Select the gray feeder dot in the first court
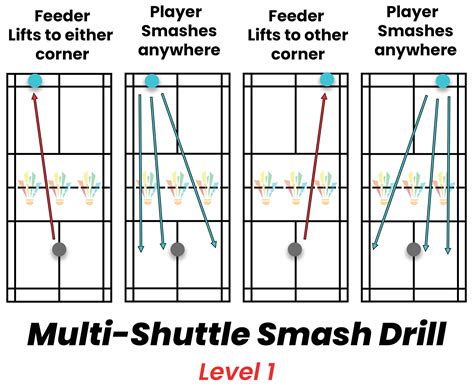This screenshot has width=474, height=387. [60, 249]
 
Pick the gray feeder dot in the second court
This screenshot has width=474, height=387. [177, 249]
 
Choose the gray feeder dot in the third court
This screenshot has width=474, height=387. [295, 249]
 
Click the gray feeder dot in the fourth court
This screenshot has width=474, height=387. [412, 249]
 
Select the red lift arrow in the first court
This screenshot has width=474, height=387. [47, 165]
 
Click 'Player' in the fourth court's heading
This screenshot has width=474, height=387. [414, 12]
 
